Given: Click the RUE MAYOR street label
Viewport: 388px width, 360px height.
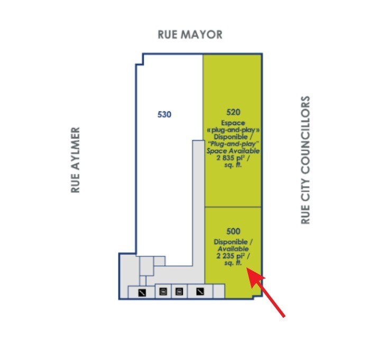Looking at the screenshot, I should pos(190,35).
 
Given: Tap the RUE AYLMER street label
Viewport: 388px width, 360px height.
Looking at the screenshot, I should pos(76,160).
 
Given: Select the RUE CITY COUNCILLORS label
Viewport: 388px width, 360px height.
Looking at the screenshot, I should pos(306,160).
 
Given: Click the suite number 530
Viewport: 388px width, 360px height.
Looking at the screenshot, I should pos(165,114).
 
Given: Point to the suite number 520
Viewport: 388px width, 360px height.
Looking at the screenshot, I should pos(233,112).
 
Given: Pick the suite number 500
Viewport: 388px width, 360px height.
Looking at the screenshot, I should pos(233,231).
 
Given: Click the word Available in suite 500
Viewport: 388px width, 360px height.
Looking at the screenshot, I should pos(233,249).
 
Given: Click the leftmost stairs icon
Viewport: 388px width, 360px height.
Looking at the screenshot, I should pos(142,291).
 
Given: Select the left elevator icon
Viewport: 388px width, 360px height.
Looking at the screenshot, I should pos(163,291).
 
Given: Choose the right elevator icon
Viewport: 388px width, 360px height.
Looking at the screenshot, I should pos(179,291).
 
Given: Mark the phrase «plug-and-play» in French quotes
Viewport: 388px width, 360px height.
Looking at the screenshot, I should pos(233,128).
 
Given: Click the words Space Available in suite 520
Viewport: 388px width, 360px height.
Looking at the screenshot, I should pos(233,151).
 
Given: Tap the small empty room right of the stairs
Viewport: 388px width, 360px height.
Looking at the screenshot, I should pos(218,291).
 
